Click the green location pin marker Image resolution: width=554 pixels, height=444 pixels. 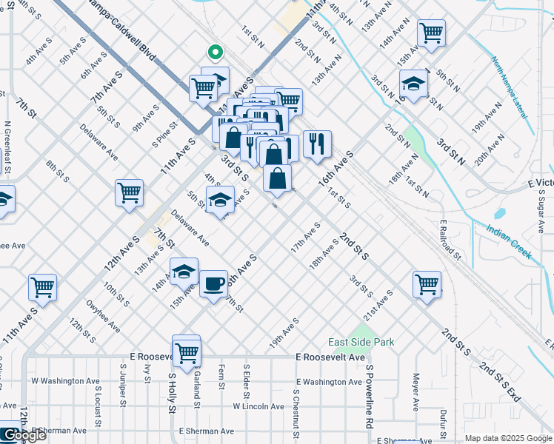point(215,53)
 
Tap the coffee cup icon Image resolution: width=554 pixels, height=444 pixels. point(213,283)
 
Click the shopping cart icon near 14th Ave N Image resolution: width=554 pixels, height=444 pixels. point(430,33)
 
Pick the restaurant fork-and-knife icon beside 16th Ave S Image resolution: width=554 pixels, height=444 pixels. point(317,144)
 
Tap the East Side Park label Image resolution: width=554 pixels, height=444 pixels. point(361,342)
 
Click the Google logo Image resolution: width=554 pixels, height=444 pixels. point(24,436)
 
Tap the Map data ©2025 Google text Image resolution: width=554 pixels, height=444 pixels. point(507,438)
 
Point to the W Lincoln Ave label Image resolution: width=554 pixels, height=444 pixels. point(258,406)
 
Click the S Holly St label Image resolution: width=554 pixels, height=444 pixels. point(171,394)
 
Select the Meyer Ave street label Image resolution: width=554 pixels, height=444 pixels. point(416,391)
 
